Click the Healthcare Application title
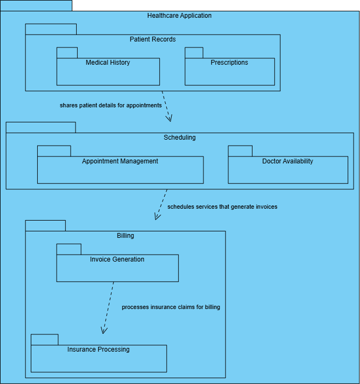(179, 16)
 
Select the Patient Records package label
(153, 39)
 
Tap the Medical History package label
(108, 63)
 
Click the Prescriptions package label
(229, 63)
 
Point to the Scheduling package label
(180, 138)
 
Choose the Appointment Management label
(120, 161)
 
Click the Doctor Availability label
(288, 161)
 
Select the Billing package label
(125, 236)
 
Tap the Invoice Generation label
(117, 259)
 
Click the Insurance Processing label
(98, 349)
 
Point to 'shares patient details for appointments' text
(111, 106)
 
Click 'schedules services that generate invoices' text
(222, 207)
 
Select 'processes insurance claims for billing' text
(171, 307)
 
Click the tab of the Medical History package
(67, 53)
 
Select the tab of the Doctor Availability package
(240, 151)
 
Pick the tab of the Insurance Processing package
(44, 340)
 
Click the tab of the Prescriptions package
(194, 53)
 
